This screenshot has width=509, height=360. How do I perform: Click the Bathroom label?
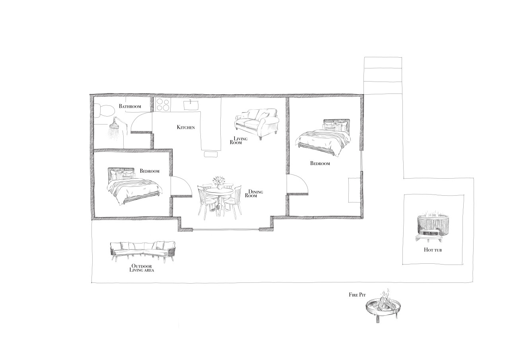coord(130,106)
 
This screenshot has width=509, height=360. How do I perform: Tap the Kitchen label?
coord(186,127)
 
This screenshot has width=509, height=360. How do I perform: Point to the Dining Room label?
coord(254,194)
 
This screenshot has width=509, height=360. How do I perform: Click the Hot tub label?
coord(433,250)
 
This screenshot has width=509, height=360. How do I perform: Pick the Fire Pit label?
coord(357,295)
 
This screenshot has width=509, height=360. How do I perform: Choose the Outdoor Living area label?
coord(142,268)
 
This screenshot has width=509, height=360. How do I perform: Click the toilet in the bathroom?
coord(104,110)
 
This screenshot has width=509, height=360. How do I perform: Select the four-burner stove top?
coord(163,105)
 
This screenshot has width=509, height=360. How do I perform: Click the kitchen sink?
coord(191,105)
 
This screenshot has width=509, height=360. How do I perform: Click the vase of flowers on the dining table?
coord(218,183)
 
